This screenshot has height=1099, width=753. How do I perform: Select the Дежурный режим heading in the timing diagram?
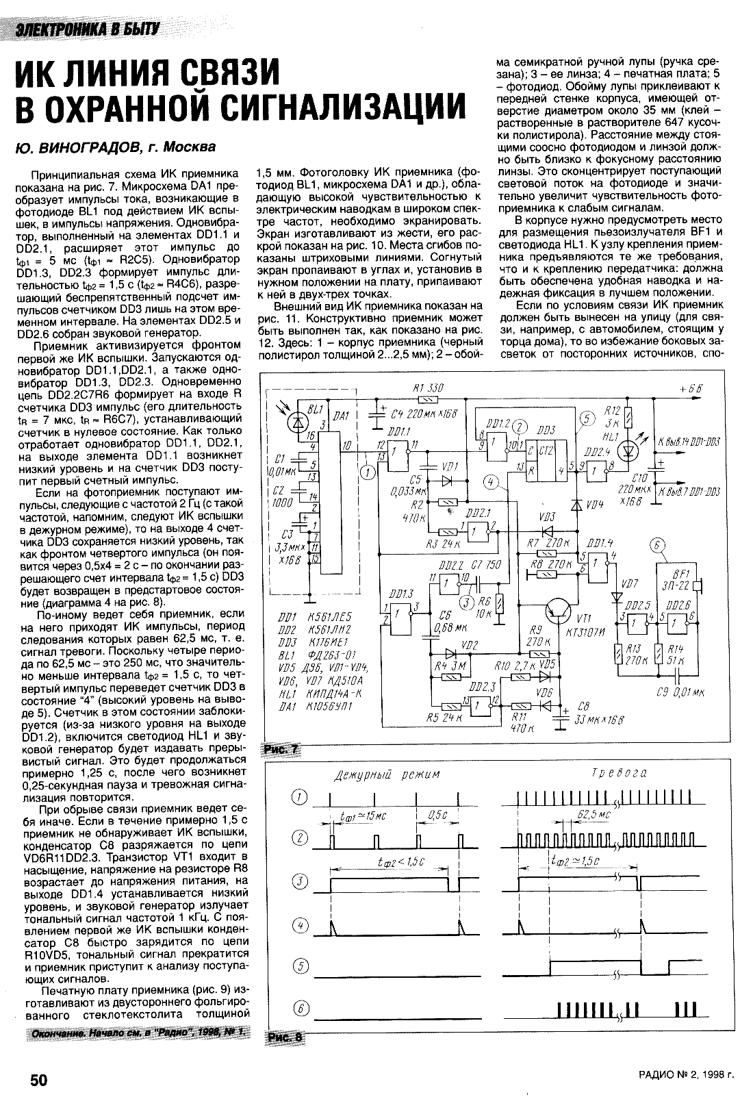coord(387,774)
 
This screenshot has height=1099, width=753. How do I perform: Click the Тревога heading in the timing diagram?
coord(619,773)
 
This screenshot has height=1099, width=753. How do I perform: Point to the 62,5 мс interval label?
coord(593,815)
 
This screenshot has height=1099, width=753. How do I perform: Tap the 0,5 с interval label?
coord(437,815)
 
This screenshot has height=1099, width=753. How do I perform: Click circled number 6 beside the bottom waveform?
coord(301,1007)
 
